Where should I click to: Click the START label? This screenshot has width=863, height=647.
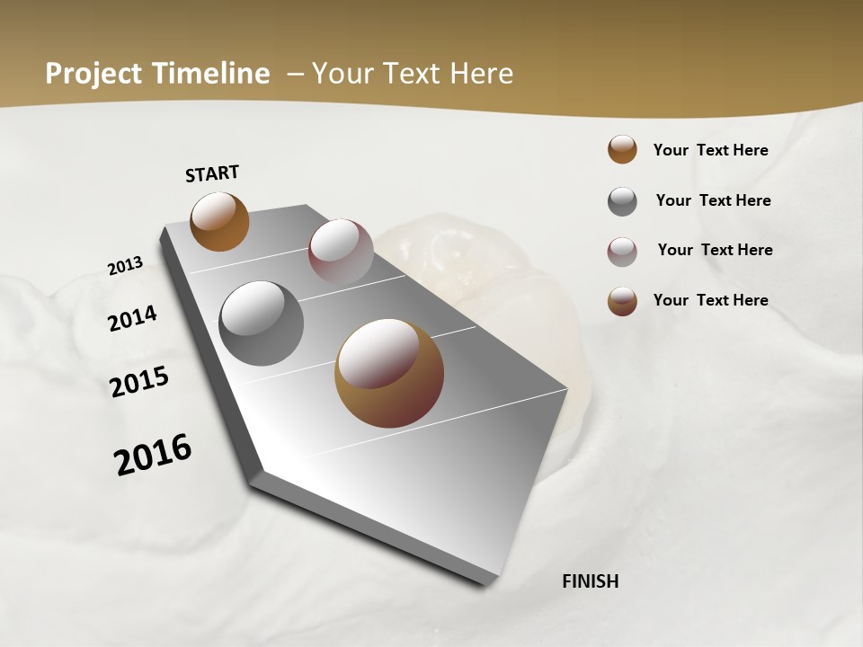(212, 173)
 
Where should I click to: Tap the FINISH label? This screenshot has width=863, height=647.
(590, 581)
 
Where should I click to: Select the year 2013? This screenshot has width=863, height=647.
(125, 265)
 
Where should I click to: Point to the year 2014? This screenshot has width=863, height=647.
(132, 319)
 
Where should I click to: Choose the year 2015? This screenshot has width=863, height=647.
(139, 382)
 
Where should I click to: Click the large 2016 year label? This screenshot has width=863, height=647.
(153, 454)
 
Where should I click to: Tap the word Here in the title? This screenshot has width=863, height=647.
(481, 74)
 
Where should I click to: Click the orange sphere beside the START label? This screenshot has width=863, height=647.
(219, 221)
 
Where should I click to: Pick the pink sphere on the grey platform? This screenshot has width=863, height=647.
(341, 251)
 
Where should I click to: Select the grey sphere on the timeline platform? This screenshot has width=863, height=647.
(261, 323)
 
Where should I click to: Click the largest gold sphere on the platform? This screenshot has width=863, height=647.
(389, 373)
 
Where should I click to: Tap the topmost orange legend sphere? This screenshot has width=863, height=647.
(622, 150)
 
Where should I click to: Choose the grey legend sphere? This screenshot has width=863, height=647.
(622, 201)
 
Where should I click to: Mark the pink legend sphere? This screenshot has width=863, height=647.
(622, 252)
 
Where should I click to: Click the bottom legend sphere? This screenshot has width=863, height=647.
(622, 301)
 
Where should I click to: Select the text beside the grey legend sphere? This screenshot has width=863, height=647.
(713, 200)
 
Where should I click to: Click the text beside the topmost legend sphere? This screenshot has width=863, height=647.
(710, 150)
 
